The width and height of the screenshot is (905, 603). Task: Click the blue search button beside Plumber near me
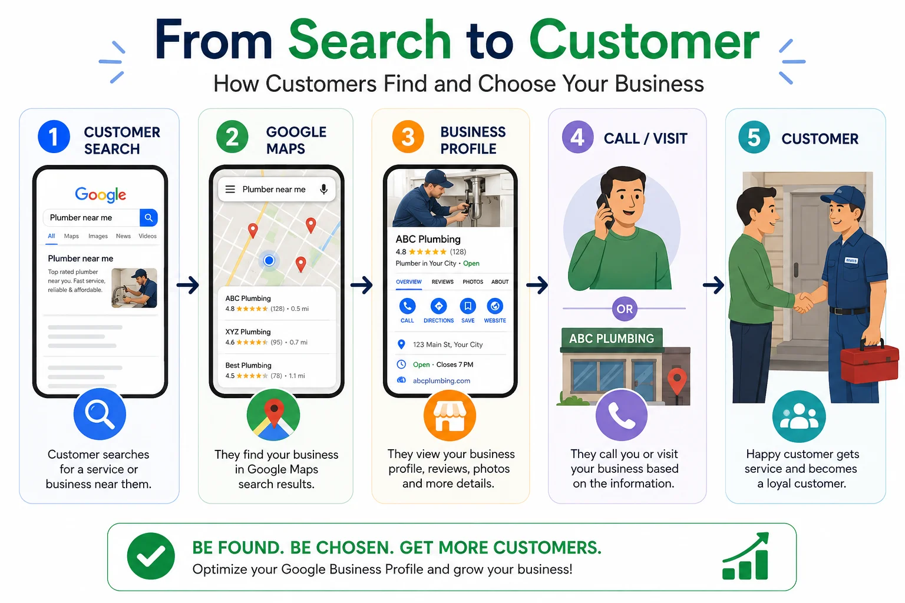pyautogui.click(x=148, y=218)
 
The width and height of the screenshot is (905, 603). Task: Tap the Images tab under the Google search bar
pyautogui.click(x=98, y=236)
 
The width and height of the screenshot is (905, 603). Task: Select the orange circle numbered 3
pyautogui.click(x=408, y=137)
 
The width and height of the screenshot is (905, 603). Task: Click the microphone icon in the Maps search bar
pyautogui.click(x=323, y=190)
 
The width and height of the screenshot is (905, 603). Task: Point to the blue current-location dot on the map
pyautogui.click(x=269, y=260)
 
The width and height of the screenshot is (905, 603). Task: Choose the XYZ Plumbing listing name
pyautogui.click(x=247, y=332)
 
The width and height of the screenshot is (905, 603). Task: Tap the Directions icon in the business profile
pyautogui.click(x=438, y=306)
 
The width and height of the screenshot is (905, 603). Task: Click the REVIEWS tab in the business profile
pyautogui.click(x=442, y=282)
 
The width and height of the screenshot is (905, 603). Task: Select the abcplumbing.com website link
pyautogui.click(x=441, y=380)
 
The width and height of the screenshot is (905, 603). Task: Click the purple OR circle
pyautogui.click(x=625, y=309)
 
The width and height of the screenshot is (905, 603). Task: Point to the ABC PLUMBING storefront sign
pyautogui.click(x=612, y=339)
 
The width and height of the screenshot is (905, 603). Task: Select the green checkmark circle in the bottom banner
pyautogui.click(x=151, y=556)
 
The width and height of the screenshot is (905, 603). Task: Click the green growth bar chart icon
pyautogui.click(x=746, y=556)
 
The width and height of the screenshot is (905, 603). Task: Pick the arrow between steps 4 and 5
pyautogui.click(x=714, y=285)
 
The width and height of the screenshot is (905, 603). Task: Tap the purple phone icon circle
pyautogui.click(x=622, y=415)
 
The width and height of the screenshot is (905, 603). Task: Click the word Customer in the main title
pyautogui.click(x=645, y=41)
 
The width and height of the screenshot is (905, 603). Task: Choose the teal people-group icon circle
pyautogui.click(x=799, y=416)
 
